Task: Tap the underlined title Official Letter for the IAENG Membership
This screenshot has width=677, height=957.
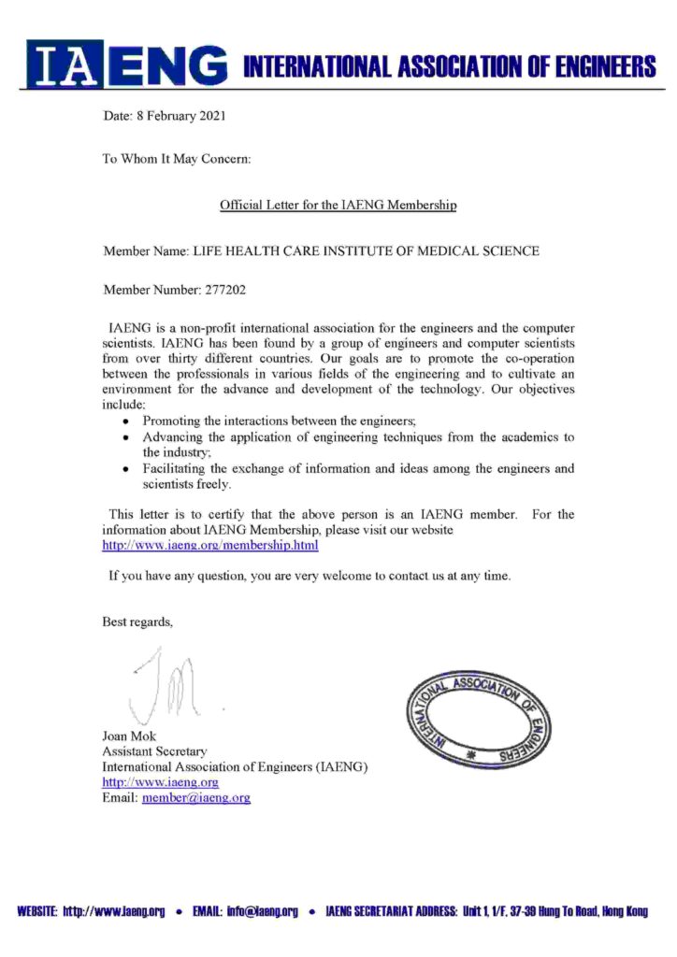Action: (338, 204)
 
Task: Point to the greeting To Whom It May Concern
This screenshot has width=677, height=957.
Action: (177, 159)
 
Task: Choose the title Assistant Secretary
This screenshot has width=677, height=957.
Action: (154, 751)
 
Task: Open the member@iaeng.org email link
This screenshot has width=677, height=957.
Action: (196, 797)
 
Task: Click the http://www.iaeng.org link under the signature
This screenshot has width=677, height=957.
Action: (160, 782)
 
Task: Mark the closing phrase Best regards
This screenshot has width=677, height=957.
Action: (137, 622)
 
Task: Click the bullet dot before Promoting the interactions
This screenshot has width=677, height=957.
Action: (125, 422)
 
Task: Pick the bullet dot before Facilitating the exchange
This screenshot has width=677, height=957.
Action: (125, 469)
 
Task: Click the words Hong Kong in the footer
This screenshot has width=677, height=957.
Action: (625, 911)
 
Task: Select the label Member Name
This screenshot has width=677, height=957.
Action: (145, 251)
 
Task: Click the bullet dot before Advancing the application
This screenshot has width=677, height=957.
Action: (125, 438)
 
